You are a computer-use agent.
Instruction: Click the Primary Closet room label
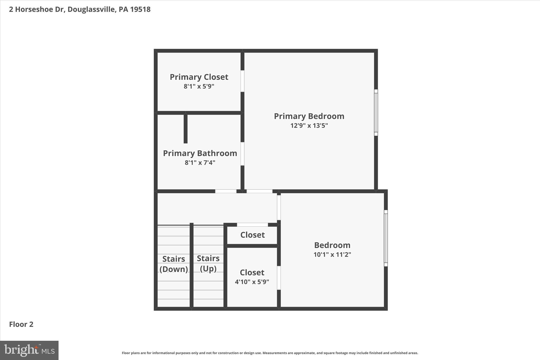tap(199, 77)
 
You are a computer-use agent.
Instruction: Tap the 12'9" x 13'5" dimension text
tap(309, 126)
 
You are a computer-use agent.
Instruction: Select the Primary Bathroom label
tap(200, 153)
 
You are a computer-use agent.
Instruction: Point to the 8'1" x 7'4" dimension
tap(200, 163)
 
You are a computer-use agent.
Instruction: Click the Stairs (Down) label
tap(173, 264)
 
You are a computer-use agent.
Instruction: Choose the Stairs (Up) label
tap(208, 263)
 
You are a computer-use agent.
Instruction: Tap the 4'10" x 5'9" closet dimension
tap(252, 282)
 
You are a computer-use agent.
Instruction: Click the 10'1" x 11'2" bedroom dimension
tap(332, 255)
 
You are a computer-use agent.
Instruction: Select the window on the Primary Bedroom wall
tap(376, 113)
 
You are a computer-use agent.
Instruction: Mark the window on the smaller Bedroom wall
tap(386, 238)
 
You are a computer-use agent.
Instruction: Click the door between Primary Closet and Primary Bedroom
tap(242, 81)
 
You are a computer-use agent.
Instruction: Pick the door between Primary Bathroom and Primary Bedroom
tap(242, 154)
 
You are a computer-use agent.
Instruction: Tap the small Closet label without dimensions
tap(252, 235)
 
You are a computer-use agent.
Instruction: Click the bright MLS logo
tap(29, 350)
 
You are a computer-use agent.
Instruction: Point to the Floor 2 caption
tap(21, 324)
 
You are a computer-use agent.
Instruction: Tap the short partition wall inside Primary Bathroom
tap(186, 129)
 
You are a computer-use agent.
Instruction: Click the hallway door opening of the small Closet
tap(252, 225)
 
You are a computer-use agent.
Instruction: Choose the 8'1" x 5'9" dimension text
tap(199, 87)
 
